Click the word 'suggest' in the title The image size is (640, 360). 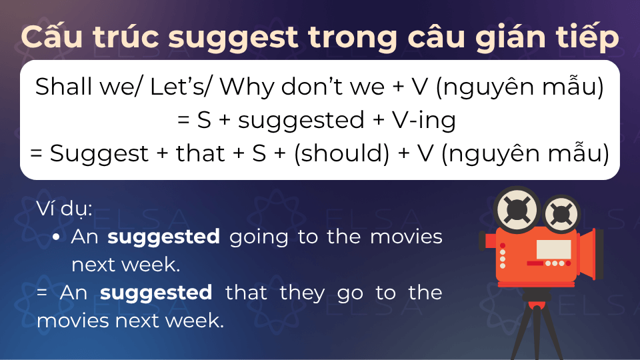[233, 38]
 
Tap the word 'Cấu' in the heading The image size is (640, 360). [52, 36]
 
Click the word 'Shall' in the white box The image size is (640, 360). [64, 87]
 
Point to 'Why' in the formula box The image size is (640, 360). [247, 87]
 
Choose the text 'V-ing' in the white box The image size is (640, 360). [424, 121]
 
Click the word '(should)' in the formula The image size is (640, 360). [342, 153]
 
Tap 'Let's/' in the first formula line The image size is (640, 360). [181, 87]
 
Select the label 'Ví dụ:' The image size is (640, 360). [65, 209]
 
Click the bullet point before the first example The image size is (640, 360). [56, 237]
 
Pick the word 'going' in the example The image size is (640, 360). [259, 238]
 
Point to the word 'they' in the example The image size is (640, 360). [302, 294]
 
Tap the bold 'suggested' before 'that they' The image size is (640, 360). [156, 293]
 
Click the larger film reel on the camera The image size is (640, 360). [517, 210]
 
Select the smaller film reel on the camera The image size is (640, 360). [561, 213]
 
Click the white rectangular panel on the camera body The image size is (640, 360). [553, 249]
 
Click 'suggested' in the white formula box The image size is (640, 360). [301, 121]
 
